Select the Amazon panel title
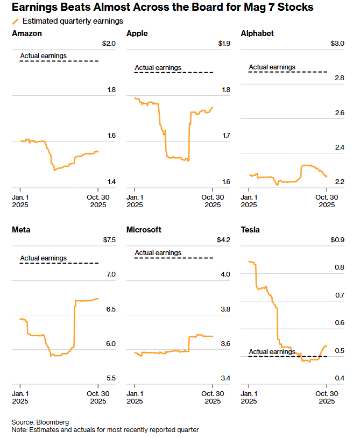[27, 33]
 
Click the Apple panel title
[137, 33]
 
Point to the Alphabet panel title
[257, 33]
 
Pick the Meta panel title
[21, 230]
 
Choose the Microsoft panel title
[144, 230]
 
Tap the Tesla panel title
[250, 230]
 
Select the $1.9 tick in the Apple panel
[224, 44]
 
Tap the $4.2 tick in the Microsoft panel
[223, 240]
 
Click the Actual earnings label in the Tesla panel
[272, 352]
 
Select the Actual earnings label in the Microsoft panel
[158, 253]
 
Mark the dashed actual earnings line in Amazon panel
[59, 61]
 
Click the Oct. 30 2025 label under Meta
[98, 397]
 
